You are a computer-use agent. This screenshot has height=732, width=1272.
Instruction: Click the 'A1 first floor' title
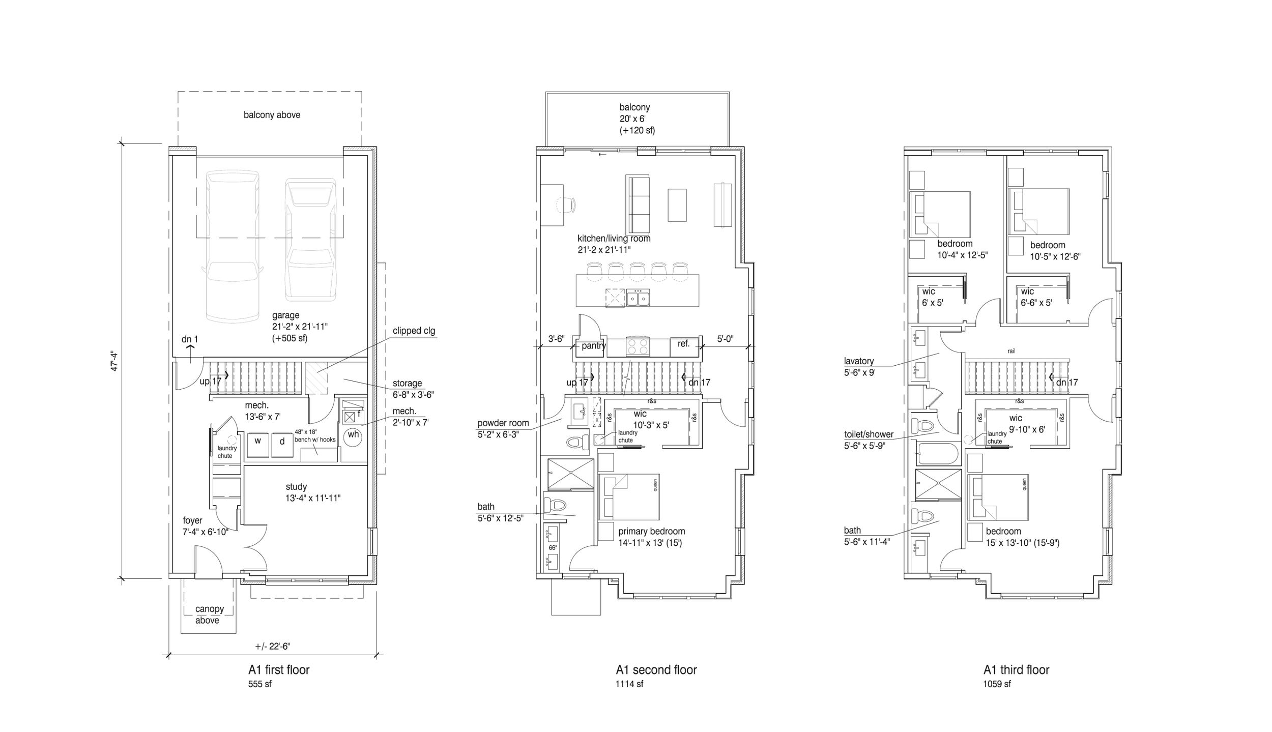[x=278, y=670]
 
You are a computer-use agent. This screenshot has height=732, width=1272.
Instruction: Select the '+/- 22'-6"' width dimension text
[x=272, y=647]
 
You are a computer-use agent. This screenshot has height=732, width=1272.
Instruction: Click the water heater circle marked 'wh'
[x=353, y=435]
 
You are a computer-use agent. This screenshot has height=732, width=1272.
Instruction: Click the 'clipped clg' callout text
[x=414, y=331]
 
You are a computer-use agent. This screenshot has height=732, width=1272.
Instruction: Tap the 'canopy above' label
[x=209, y=614]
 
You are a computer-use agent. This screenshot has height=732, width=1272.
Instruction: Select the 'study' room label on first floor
[x=296, y=487]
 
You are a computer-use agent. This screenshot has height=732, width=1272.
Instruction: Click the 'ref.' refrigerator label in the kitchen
[x=683, y=344]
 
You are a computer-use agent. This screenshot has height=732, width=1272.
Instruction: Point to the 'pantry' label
[x=594, y=346]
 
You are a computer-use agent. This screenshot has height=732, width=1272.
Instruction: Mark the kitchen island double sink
[x=638, y=298]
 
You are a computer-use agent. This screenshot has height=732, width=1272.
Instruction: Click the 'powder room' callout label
[x=503, y=423]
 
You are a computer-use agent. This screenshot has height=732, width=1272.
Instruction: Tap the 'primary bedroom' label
[x=651, y=531]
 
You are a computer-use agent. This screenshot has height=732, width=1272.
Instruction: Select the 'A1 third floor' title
[x=1016, y=670]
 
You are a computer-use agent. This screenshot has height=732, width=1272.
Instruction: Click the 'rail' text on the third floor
[x=1011, y=351]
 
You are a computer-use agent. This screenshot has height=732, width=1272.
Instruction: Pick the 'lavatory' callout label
[x=858, y=361]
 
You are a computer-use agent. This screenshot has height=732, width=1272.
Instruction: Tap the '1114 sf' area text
[x=629, y=684]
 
